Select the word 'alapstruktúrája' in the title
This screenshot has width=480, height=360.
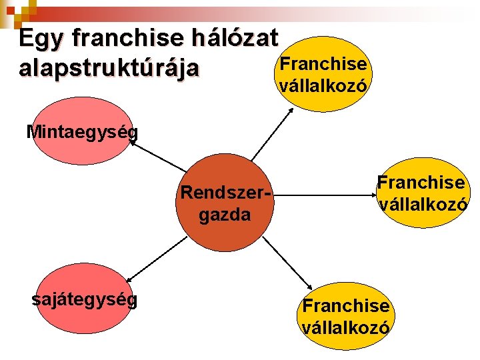[x=109, y=69]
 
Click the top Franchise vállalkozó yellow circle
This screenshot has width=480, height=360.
[x=323, y=73]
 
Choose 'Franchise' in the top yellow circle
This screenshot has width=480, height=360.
[x=323, y=65]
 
